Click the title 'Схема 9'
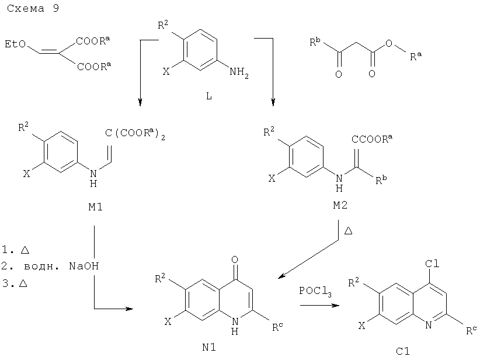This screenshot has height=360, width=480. point(33,8)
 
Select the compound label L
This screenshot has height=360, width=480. point(209,96)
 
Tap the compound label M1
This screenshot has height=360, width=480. point(95,207)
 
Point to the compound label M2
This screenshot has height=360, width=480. point(340,205)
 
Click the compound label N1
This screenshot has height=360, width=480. point(209,347)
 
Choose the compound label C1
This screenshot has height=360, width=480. point(403,351)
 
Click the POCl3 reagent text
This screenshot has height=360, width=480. point(315,291)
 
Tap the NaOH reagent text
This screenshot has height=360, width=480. point(84,266)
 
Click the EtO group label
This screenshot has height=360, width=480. point(15,44)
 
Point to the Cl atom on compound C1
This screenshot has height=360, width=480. point(432,264)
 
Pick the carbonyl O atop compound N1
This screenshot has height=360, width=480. point(235,260)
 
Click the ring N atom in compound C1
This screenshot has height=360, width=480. point(429,326)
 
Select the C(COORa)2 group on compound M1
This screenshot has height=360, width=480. point(135,133)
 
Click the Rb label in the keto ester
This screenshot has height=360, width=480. point(315,41)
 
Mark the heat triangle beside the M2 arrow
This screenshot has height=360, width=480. point(348,231)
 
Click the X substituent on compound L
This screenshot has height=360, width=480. point(166,72)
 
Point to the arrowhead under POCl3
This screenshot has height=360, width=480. point(336,305)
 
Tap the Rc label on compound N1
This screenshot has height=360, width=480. point(277,327)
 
